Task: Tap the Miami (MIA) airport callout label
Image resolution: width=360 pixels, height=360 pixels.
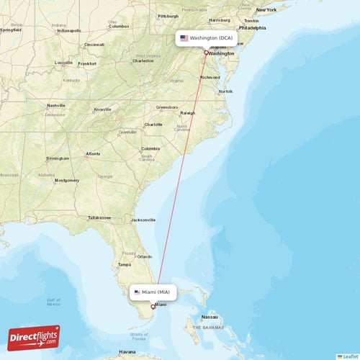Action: pyautogui.click(x=153, y=292)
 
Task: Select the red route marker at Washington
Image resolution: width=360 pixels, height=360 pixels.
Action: pyautogui.click(x=206, y=53)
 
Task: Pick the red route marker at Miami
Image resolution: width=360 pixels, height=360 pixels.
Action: pyautogui.click(x=152, y=307)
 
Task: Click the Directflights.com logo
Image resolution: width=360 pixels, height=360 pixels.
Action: pyautogui.click(x=34, y=337)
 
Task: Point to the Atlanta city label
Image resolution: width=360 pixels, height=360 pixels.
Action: pyautogui.click(x=93, y=153)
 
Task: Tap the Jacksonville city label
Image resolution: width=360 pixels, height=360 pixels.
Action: pyautogui.click(x=143, y=220)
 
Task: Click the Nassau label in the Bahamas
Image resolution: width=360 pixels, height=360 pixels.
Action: pyautogui.click(x=210, y=316)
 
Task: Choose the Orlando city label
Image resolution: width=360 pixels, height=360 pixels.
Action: pyautogui.click(x=145, y=256)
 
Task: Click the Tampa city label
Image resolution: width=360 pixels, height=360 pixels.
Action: pyautogui.click(x=124, y=264)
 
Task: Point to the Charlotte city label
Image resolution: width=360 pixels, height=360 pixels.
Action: pyautogui.click(x=153, y=124)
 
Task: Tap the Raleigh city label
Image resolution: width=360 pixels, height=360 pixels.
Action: pyautogui.click(x=188, y=113)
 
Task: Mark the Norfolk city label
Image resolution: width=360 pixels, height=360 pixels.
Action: pyautogui.click(x=225, y=91)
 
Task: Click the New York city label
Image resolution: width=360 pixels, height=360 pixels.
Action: pyautogui.click(x=266, y=10)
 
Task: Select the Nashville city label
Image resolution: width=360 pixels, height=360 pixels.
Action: pyautogui.click(x=55, y=106)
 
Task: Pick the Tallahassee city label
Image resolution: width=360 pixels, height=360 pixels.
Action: pyautogui.click(x=100, y=217)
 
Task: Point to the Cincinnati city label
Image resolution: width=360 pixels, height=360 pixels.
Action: pyautogui.click(x=94, y=44)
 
